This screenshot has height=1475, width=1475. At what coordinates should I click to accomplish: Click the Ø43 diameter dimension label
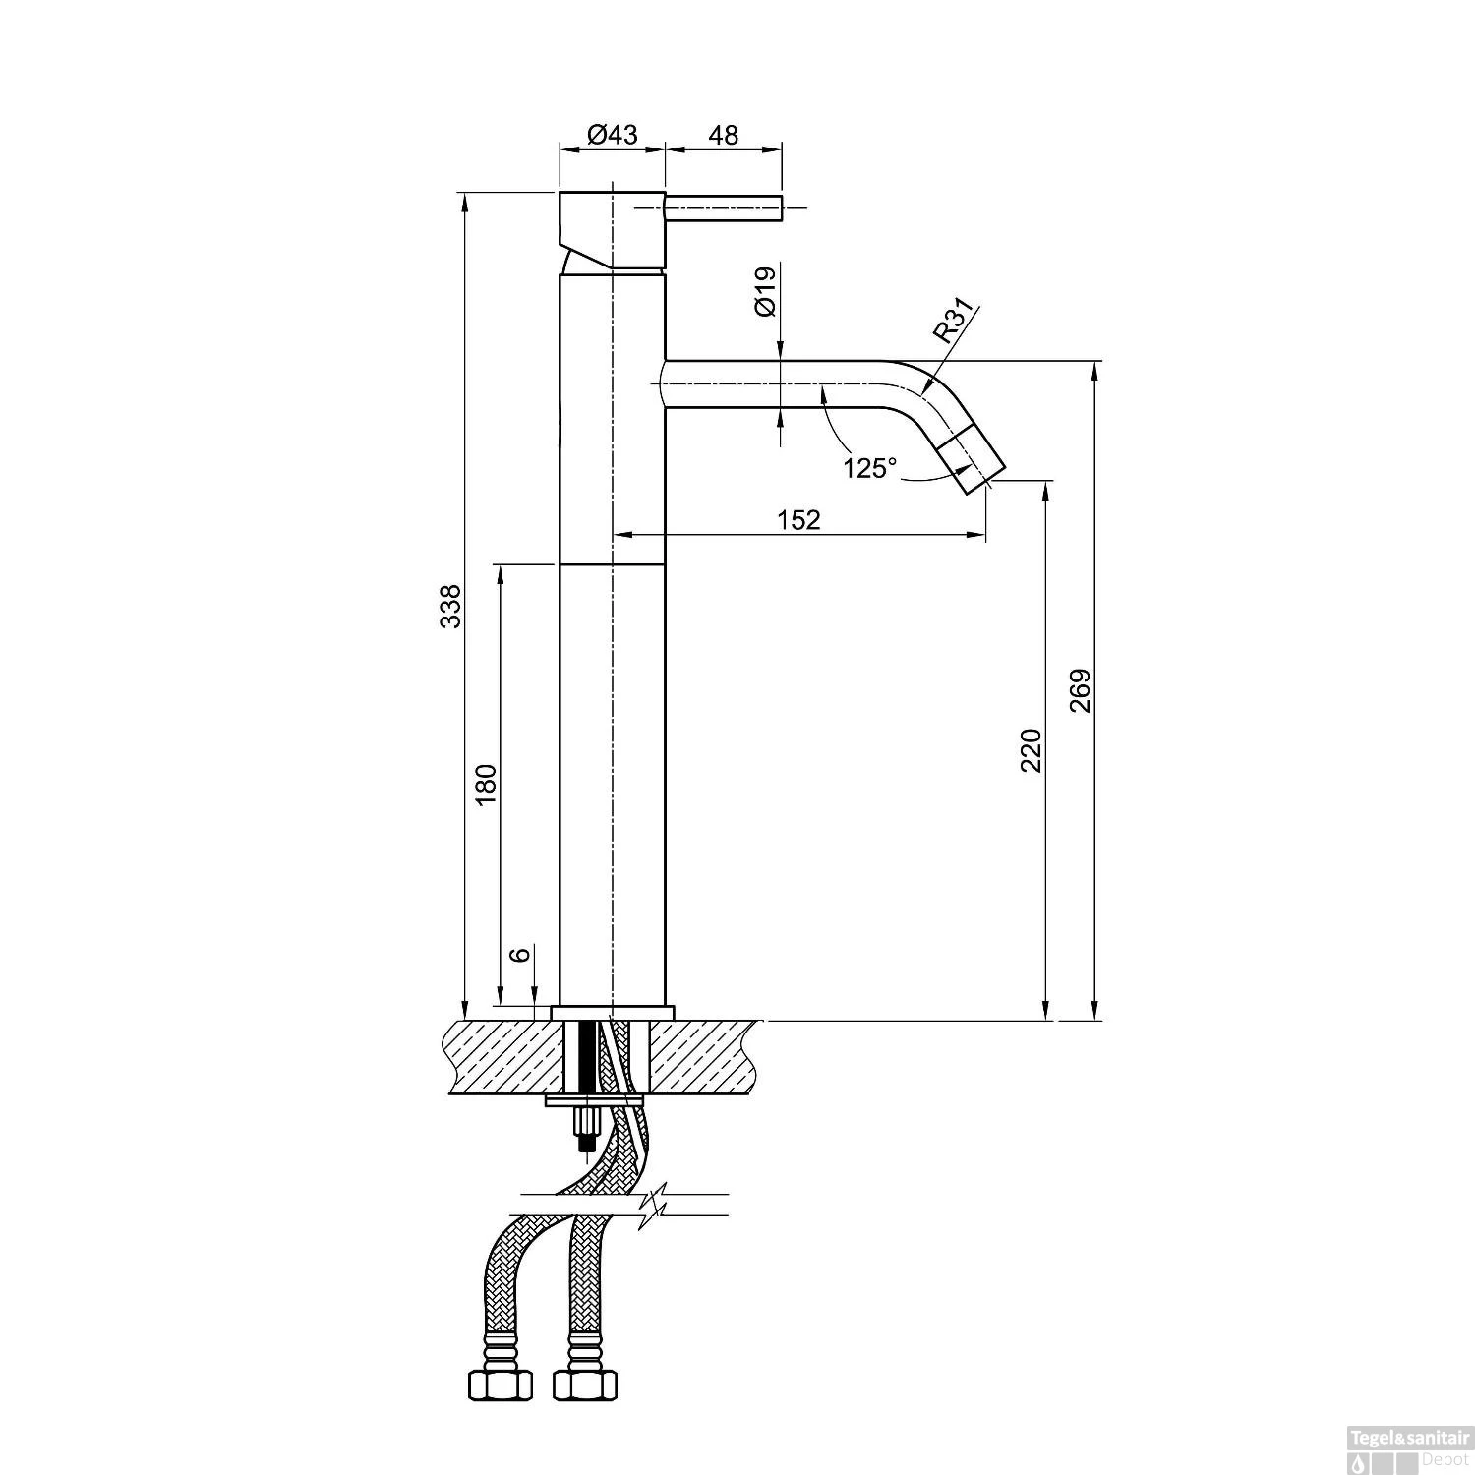[x=612, y=135]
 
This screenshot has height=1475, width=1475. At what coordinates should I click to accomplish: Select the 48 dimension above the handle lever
[x=724, y=135]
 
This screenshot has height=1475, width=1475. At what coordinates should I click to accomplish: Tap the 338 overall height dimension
[x=449, y=607]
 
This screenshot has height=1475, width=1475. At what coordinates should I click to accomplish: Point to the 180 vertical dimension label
[x=488, y=785]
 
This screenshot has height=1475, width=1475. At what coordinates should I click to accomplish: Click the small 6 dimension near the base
[x=522, y=953]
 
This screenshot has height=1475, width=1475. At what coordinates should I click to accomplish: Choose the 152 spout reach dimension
[x=798, y=519]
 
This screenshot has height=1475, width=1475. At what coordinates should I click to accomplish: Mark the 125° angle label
[x=870, y=468]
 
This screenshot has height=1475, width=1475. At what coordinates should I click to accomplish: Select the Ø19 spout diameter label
[x=766, y=291]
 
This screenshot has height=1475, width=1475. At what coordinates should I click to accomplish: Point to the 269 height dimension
[x=1080, y=691]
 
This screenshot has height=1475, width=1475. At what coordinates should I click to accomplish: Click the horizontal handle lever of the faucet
[x=723, y=208]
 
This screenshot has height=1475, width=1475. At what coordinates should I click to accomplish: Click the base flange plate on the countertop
[x=613, y=1013]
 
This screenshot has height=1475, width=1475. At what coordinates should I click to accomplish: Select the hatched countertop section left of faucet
[x=501, y=1057]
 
